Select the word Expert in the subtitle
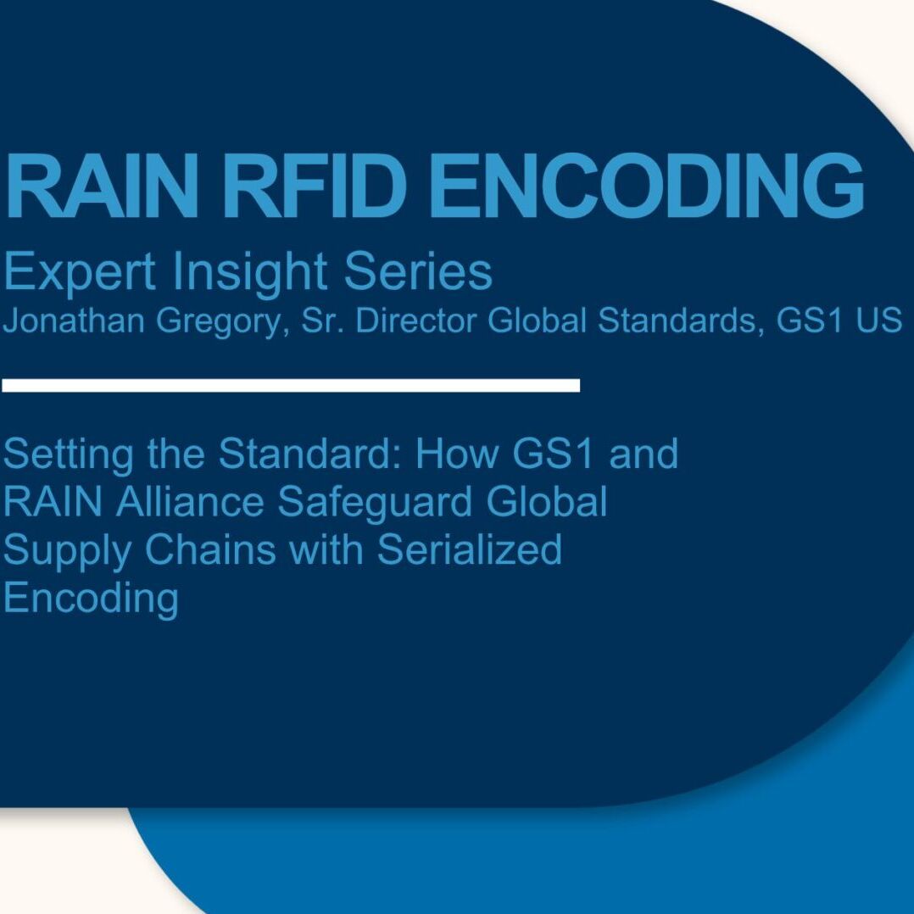tap(80, 272)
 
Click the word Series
tap(418, 271)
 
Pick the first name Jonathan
tap(74, 320)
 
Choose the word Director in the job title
tap(416, 320)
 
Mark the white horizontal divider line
tap(291, 385)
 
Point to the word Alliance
tap(190, 501)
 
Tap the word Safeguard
tap(375, 503)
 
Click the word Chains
tap(210, 549)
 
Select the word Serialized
tap(470, 549)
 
